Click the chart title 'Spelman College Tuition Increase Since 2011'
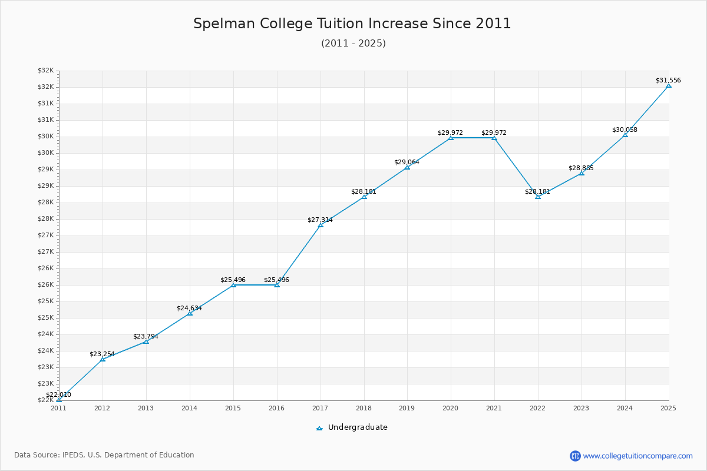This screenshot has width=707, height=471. [x=352, y=24]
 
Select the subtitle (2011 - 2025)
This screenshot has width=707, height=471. [x=353, y=44]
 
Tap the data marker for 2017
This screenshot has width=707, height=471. [x=321, y=225]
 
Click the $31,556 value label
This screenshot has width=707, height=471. [x=668, y=80]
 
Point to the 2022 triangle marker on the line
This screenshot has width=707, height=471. [x=538, y=197]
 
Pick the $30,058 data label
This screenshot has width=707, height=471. [x=625, y=130]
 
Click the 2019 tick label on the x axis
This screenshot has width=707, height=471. [x=407, y=407]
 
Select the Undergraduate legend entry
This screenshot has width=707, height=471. [x=352, y=427]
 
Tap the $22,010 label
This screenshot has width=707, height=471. [x=58, y=394]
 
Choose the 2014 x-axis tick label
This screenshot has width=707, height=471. [x=190, y=407]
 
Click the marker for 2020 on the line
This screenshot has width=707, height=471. [x=451, y=138]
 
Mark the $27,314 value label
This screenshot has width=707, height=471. [x=320, y=220]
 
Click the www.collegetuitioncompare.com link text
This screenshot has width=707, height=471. [x=637, y=456]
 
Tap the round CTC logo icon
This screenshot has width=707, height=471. [x=575, y=456]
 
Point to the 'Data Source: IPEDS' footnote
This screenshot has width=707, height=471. [x=104, y=455]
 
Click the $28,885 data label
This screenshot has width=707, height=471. [x=581, y=168]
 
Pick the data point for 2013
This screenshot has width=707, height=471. [x=146, y=341]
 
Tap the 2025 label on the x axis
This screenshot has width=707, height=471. [x=668, y=407]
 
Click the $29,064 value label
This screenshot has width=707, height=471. [x=407, y=162]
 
